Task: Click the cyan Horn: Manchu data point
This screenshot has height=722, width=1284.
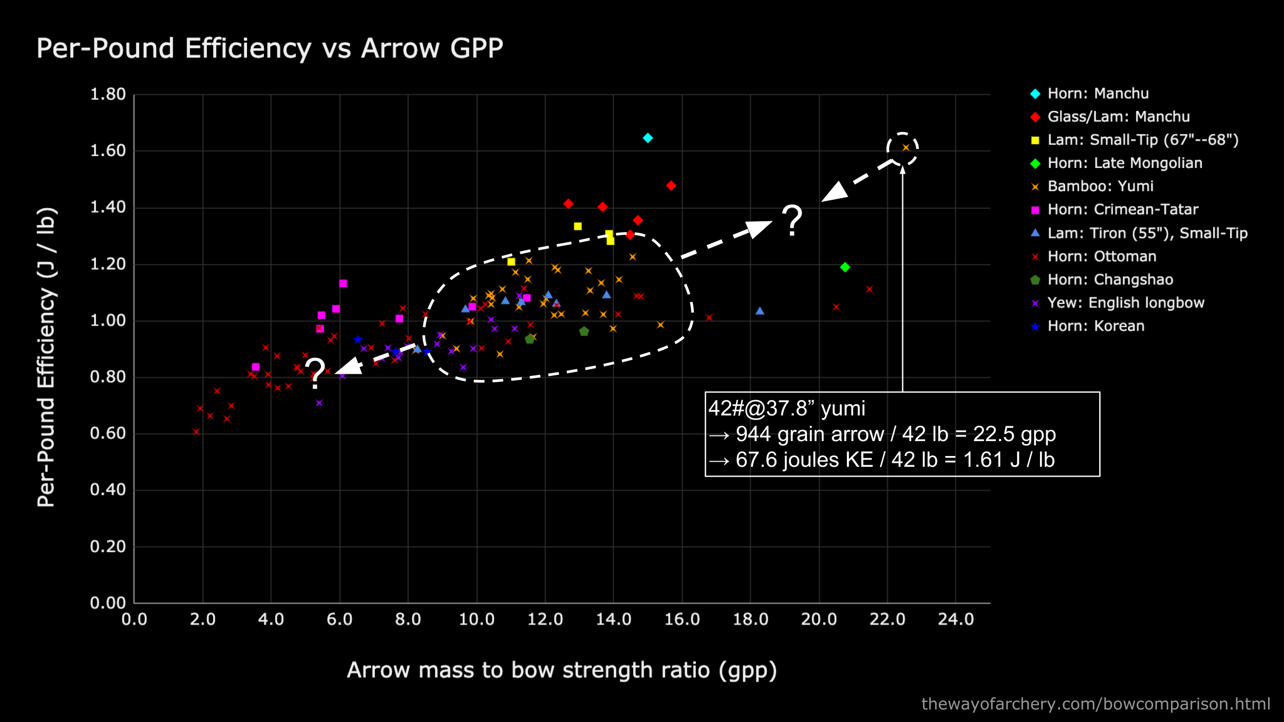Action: coord(648,138)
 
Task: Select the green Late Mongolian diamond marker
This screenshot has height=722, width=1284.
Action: coord(845,267)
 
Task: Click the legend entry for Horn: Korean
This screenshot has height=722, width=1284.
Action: coord(1096,326)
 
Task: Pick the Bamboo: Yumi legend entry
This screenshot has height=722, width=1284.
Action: coord(1100,186)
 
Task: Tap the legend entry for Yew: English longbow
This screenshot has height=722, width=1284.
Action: coord(1125,303)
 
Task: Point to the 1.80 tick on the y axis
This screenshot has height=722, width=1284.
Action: coord(108,94)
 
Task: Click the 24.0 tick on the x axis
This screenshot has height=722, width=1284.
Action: coord(955,619)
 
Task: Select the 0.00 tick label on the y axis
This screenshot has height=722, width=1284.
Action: coord(108,602)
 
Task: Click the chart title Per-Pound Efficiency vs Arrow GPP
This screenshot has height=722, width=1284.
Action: coord(270,49)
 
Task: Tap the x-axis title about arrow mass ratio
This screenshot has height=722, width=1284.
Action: coord(561,670)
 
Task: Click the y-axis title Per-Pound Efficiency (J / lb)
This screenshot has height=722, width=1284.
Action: coord(46,357)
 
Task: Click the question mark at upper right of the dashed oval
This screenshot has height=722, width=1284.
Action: coord(792,220)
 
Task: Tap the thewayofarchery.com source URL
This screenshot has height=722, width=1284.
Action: coord(1096,704)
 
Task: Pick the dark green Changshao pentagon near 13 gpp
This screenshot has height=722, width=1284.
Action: coord(584,332)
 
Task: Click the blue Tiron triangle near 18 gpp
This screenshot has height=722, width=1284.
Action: coord(760,311)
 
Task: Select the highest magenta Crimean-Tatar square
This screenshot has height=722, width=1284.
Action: coord(343,283)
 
